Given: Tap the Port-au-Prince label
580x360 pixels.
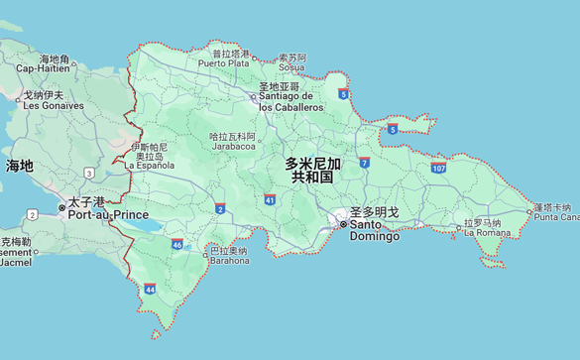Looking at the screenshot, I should tap(110, 214).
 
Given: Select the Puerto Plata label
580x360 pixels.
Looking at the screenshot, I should tap(223, 62).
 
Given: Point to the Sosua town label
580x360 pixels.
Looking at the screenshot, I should tap(291, 67).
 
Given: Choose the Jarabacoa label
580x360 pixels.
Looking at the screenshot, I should tap(233, 146).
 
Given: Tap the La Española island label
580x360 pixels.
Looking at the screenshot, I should tap(150, 165).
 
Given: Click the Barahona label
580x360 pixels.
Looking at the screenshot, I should tap(228, 262).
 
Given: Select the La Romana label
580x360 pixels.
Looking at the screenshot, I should tap(487, 232).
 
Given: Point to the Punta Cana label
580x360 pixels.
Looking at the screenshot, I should tap(555, 216).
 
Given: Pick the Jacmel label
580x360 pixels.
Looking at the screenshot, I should tap(15, 263).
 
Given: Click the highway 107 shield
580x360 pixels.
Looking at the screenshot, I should tap(438, 169).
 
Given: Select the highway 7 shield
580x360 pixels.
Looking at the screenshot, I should tap(365, 161).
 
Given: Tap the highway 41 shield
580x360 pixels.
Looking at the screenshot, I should tap(270, 199).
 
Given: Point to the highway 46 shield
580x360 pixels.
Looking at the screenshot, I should tap(176, 244).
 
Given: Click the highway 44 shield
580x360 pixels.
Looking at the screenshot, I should tap(150, 289).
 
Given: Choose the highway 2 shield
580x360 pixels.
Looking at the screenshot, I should tap(219, 209).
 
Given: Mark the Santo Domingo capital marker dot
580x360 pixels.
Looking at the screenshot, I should tap(343, 225).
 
